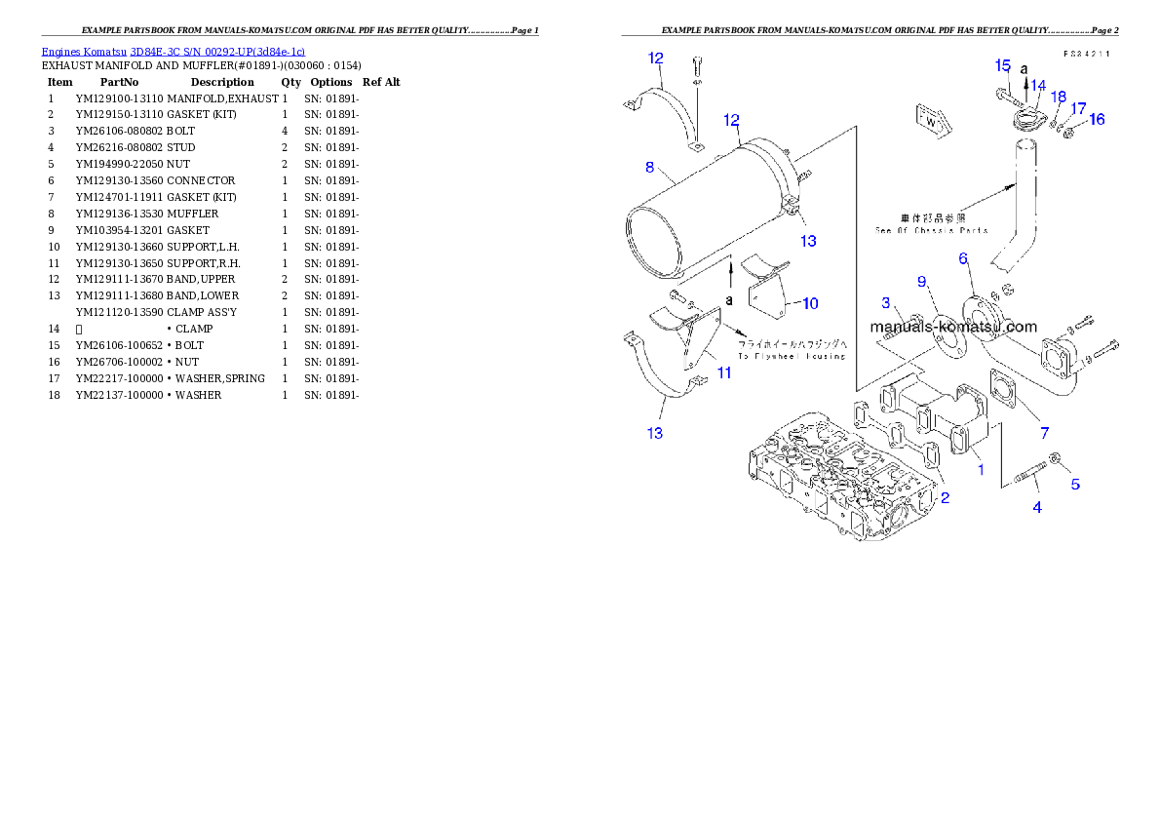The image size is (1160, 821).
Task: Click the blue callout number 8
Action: (649, 167)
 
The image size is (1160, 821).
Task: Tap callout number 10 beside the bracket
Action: (809, 303)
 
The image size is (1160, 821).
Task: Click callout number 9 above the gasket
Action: (921, 282)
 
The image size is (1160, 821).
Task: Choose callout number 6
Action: (962, 258)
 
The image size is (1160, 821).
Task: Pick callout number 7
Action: (1043, 432)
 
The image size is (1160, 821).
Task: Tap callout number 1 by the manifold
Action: (981, 469)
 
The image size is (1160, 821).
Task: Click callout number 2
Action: (944, 497)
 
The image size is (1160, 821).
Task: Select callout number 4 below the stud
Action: (1037, 507)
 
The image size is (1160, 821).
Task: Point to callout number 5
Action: (1075, 484)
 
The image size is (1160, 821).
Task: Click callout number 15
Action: (1002, 65)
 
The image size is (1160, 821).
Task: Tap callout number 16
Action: (1097, 119)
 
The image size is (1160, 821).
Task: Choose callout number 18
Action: (1059, 97)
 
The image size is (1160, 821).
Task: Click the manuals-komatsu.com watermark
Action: (953, 328)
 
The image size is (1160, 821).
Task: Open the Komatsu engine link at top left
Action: (173, 51)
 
